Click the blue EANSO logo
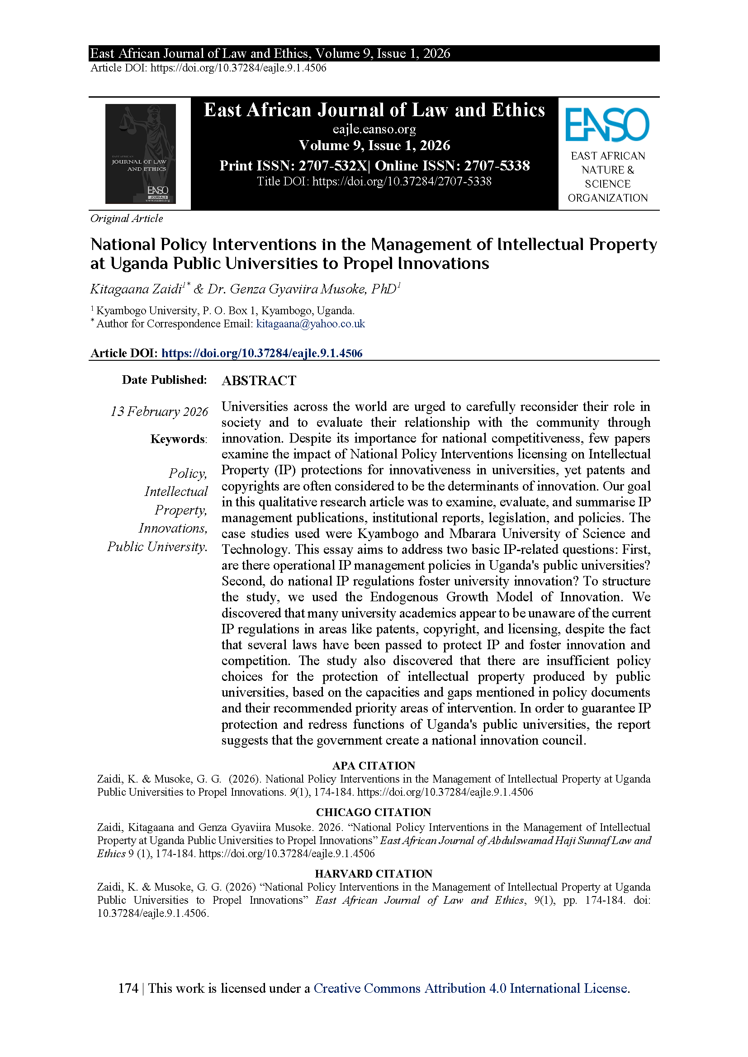607,125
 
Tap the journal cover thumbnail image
141,154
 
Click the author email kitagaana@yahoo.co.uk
310,324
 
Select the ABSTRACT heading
259,381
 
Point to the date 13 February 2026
159,411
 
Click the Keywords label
178,439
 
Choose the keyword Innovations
173,528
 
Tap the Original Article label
127,219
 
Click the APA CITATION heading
374,765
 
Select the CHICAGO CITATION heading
374,812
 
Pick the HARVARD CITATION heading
374,874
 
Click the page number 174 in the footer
128,988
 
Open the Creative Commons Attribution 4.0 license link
472,988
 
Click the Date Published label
164,380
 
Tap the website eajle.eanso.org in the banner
374,129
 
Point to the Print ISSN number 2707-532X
332,166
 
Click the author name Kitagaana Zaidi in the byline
136,289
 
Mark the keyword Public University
157,547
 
